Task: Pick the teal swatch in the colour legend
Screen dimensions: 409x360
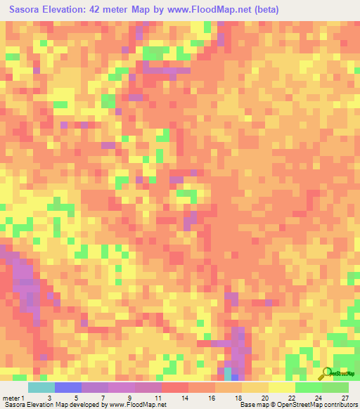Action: (x=41, y=387)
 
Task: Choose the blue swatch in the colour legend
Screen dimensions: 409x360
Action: (x=68, y=387)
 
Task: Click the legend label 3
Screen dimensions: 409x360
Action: (x=49, y=398)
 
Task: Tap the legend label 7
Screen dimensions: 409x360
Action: (x=103, y=398)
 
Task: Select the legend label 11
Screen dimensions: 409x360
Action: (x=155, y=398)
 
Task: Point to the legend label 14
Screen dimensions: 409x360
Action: (x=183, y=398)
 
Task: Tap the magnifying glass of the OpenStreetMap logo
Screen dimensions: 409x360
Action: (x=325, y=373)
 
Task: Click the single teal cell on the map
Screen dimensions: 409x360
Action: (x=228, y=372)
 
